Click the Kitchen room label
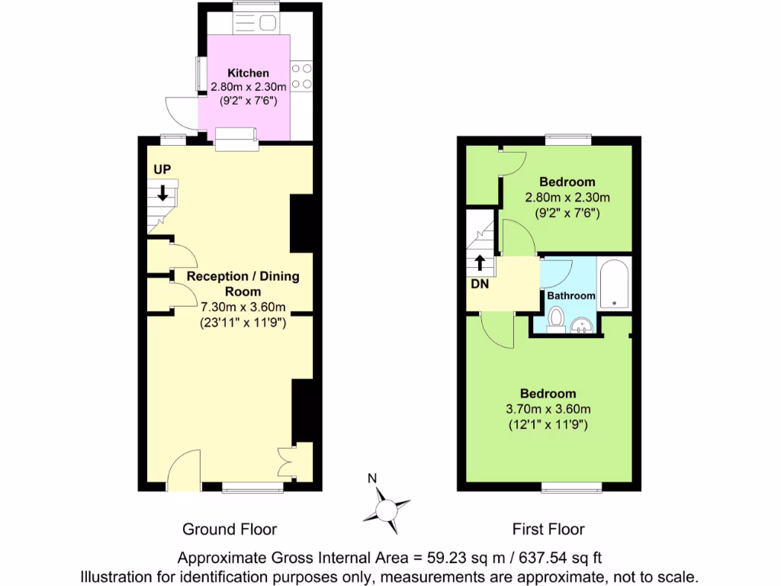tap(243, 73)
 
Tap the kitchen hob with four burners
tap(301, 76)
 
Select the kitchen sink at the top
tap(256, 24)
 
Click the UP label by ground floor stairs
tap(162, 169)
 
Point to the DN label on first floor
tap(478, 285)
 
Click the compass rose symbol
tap(387, 507)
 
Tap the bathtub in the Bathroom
tap(614, 284)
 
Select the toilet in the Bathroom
tap(555, 317)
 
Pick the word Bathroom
tap(570, 295)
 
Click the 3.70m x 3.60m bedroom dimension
tap(548, 409)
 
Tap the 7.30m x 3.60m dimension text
tap(243, 307)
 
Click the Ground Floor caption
tap(229, 529)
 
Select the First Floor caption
tap(548, 529)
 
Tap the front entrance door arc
tap(184, 468)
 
